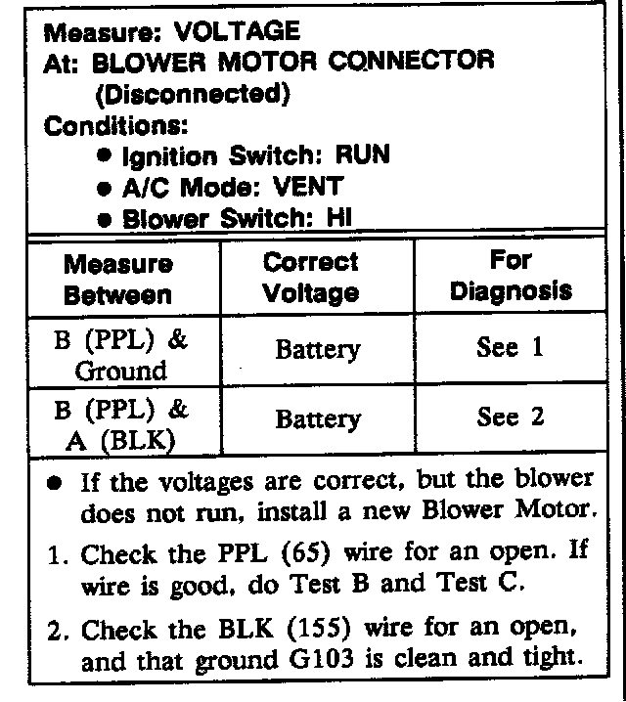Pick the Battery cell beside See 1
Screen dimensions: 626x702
(317, 350)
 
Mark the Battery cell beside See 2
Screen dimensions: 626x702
(317, 420)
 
